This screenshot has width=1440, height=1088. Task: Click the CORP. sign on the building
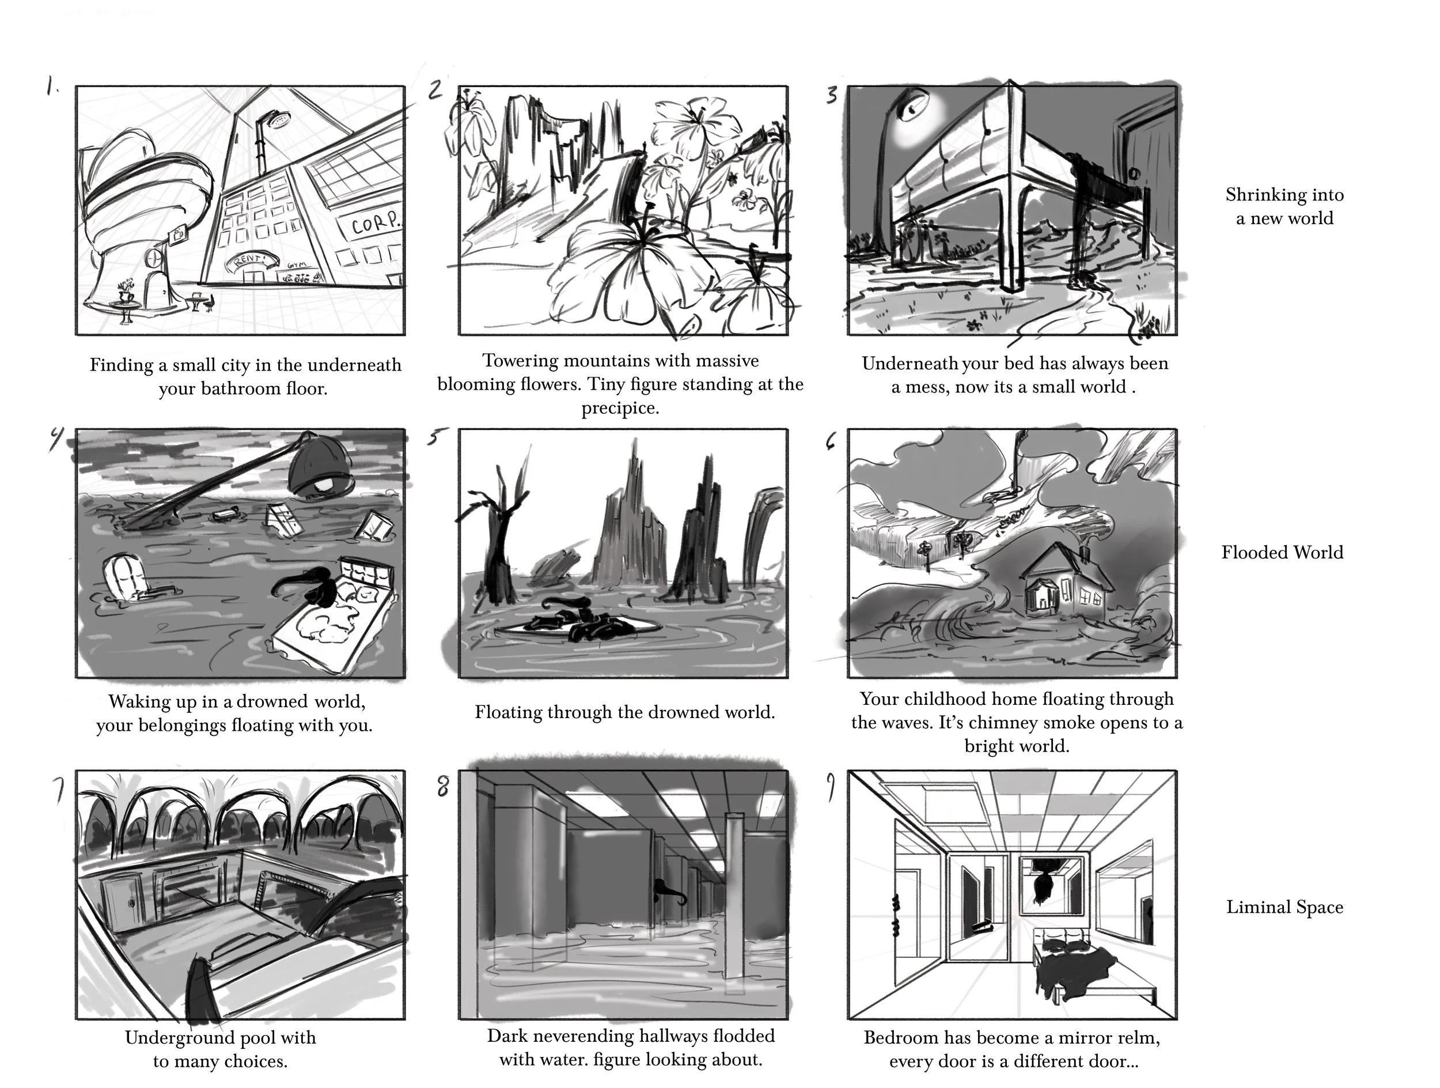tap(376, 224)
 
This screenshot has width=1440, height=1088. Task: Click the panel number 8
tap(443, 787)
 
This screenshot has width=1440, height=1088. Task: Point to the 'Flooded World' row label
tap(1282, 552)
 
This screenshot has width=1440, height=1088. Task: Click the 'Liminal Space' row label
tap(1284, 907)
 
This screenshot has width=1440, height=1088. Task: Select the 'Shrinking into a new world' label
tap(1284, 206)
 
